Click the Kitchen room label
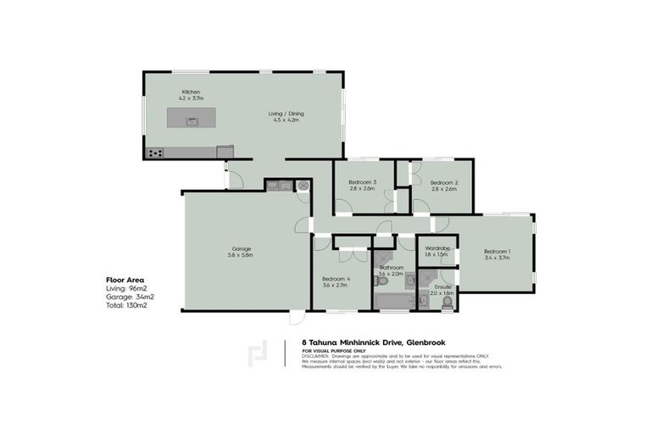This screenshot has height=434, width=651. point(190,92)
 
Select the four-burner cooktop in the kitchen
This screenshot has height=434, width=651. point(155,153)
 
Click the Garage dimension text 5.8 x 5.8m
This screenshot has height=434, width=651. point(242,255)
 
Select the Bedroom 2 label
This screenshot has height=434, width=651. point(443,182)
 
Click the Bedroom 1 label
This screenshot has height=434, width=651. point(498,251)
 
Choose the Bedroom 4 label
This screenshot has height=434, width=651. point(336,279)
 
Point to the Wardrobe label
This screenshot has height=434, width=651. point(437,248)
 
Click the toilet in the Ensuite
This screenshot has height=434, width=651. point(447,300)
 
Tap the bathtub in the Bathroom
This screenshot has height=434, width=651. point(392,301)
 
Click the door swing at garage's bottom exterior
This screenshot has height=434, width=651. point(295,318)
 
